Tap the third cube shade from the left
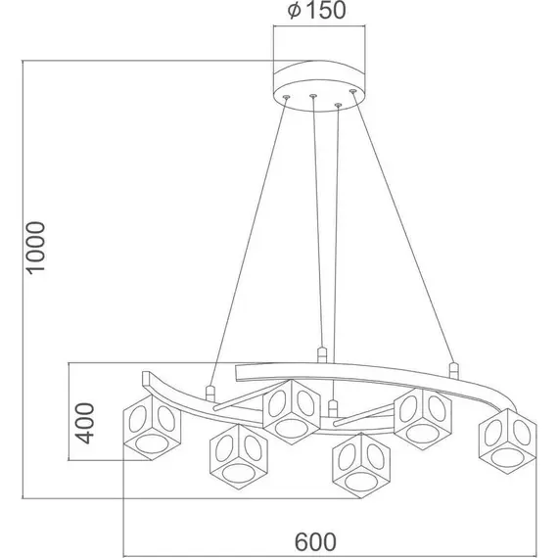[x=292, y=409]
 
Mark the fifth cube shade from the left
[x=422, y=416]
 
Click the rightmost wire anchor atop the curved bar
[x=452, y=371]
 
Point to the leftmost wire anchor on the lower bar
[x=209, y=393]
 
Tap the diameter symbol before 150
[x=293, y=13]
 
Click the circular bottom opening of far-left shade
[x=149, y=448]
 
